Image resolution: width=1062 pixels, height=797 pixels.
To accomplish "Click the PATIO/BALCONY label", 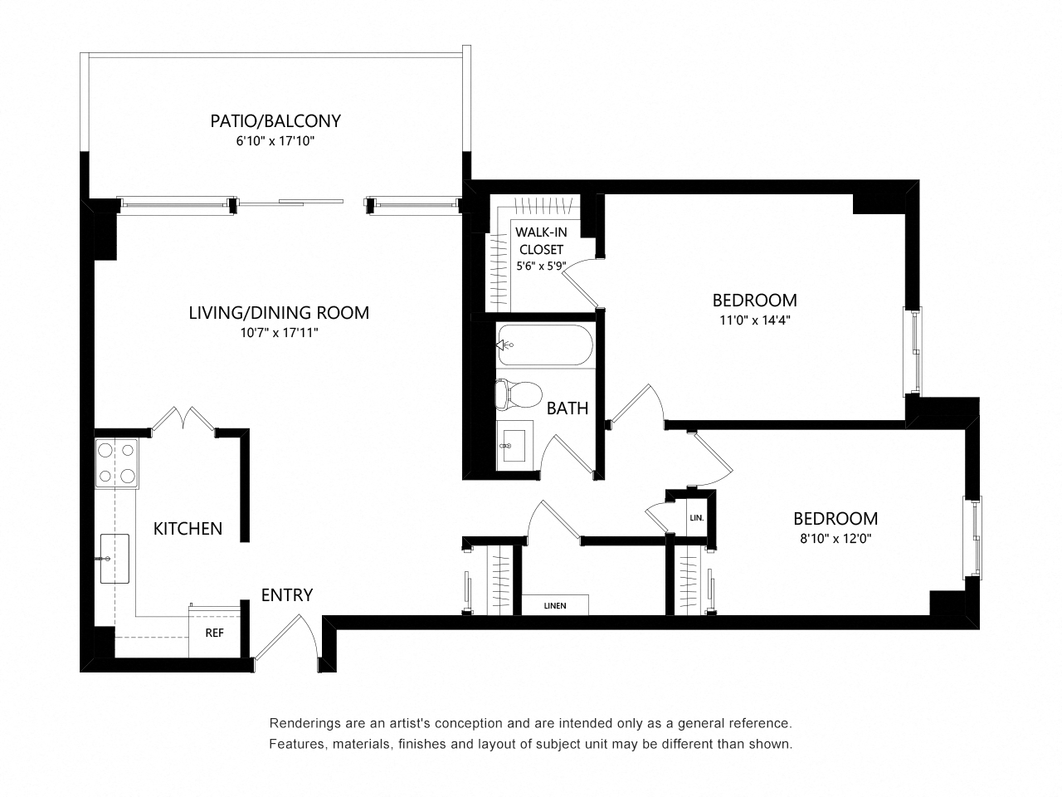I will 275,121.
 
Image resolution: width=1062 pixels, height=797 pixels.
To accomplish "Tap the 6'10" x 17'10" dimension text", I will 275,142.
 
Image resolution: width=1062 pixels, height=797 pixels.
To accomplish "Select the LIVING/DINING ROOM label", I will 279,313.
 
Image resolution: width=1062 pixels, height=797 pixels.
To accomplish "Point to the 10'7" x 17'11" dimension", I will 279,333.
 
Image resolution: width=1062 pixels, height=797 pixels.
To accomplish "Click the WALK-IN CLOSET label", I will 541,241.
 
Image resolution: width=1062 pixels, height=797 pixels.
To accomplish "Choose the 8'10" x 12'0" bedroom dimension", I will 835,538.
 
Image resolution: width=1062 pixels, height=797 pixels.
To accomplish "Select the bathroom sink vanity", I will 516,445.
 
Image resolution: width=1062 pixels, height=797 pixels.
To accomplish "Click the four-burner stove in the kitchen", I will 115,463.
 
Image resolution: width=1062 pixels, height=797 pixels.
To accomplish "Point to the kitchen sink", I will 114,559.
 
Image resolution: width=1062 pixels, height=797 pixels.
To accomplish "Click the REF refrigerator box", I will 214,632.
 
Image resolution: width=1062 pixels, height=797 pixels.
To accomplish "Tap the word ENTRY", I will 287,595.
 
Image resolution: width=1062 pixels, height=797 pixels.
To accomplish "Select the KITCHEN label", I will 188,529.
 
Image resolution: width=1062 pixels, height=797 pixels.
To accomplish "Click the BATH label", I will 568,408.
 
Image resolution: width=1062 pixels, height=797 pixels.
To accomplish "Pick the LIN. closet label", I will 696,518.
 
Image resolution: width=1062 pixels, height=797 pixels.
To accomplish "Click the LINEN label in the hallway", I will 555,606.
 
